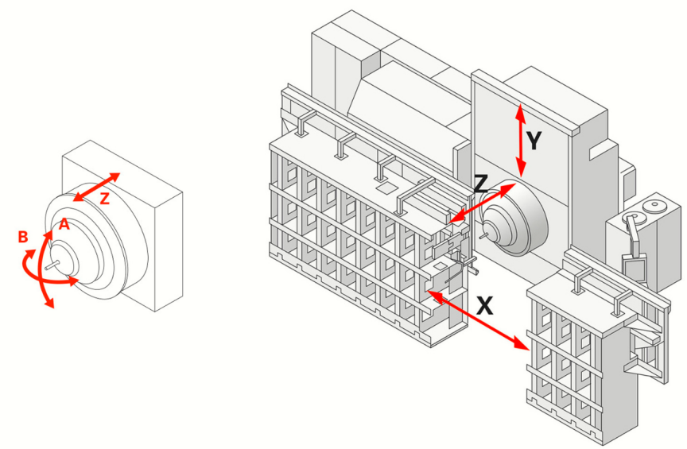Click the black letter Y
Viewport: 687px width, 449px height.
[x=534, y=141]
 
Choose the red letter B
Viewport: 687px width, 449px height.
[x=23, y=236]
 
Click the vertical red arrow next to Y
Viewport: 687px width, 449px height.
[x=521, y=141]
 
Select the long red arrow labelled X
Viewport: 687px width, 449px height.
[x=477, y=321]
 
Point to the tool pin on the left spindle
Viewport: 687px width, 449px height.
[x=51, y=267]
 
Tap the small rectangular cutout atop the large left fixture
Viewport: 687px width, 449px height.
[x=385, y=189]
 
